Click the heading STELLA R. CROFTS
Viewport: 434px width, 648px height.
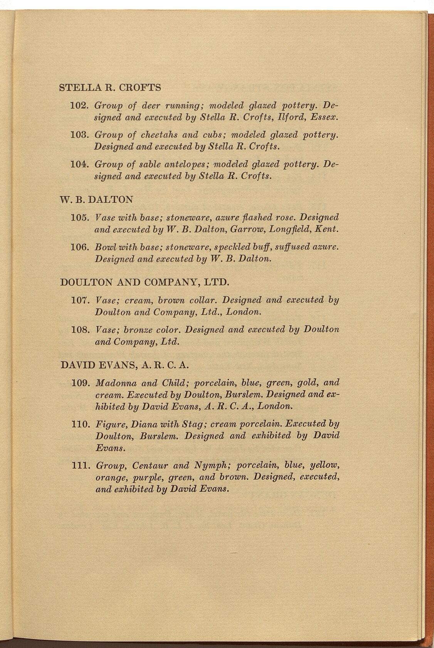pyautogui.click(x=110, y=88)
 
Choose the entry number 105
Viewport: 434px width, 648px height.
pyautogui.click(x=81, y=218)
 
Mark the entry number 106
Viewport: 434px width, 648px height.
pyautogui.click(x=81, y=247)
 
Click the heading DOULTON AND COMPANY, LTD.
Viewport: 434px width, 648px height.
pyautogui.click(x=145, y=282)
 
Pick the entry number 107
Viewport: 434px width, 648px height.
pyautogui.click(x=81, y=300)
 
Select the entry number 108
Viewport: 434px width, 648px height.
pyautogui.click(x=81, y=330)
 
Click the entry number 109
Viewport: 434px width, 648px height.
pyautogui.click(x=81, y=383)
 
